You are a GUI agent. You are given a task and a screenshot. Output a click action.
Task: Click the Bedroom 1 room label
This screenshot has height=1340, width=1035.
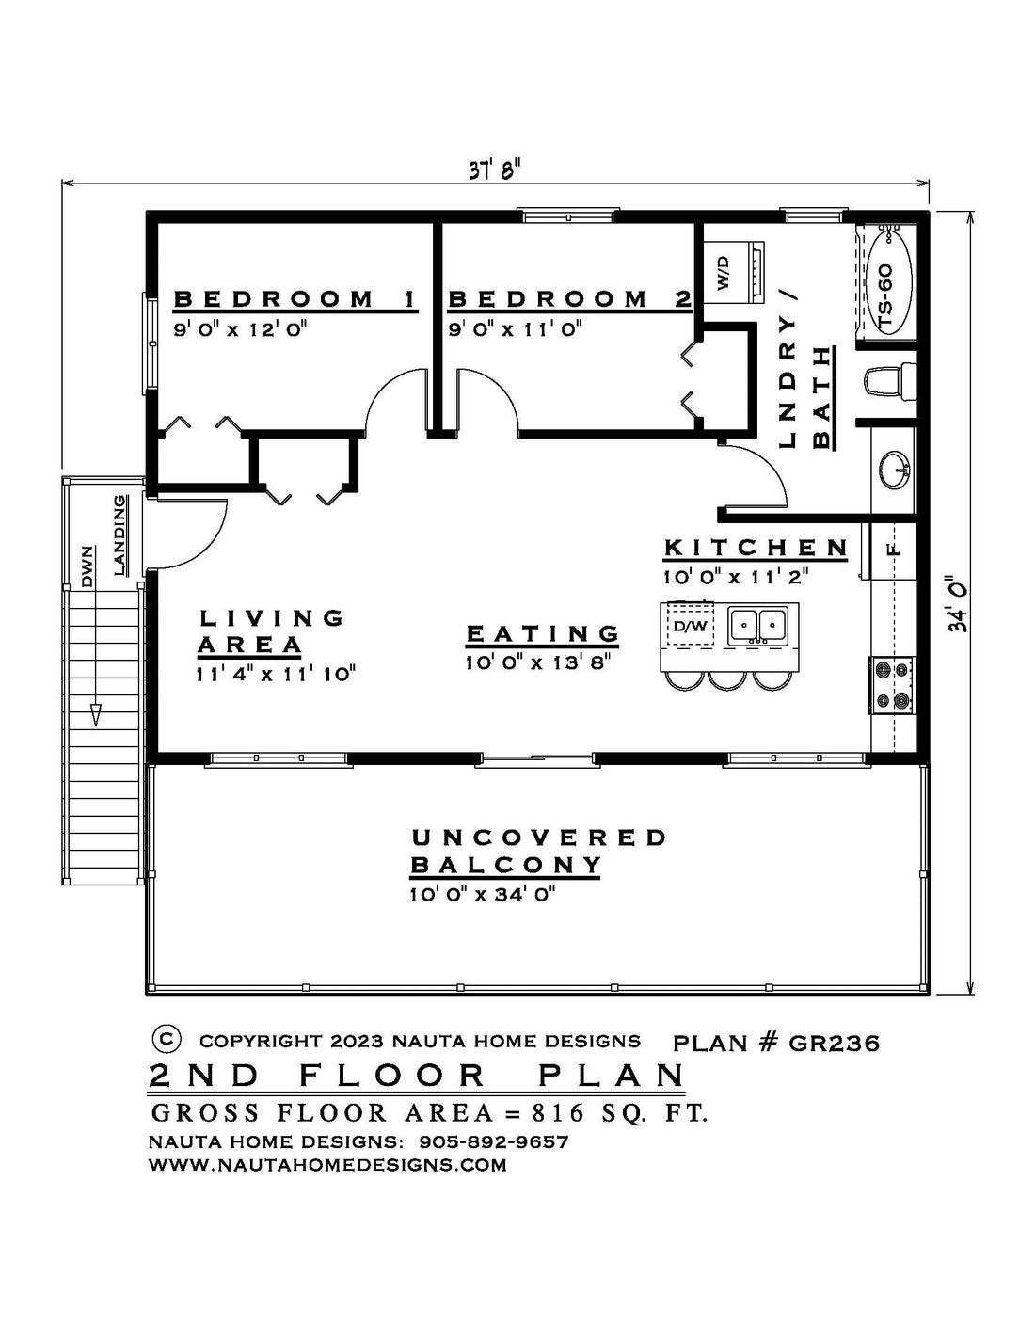(x=295, y=299)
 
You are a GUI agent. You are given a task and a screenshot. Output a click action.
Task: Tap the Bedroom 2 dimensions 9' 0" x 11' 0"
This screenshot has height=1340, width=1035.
(x=516, y=330)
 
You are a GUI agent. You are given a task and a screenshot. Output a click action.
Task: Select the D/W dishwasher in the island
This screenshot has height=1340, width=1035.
(x=691, y=627)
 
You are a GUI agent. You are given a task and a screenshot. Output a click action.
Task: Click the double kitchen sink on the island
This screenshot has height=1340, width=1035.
(x=757, y=626)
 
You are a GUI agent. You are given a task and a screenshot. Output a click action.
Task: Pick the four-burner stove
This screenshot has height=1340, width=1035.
(x=891, y=685)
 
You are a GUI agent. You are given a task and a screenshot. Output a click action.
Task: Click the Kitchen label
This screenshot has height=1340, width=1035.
(x=756, y=548)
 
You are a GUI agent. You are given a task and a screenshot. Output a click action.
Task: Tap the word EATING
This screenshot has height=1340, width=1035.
(x=543, y=633)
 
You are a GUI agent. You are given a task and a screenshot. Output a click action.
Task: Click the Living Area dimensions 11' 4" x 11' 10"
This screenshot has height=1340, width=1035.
(x=276, y=674)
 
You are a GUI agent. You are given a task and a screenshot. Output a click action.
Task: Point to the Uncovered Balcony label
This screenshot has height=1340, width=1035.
(x=538, y=852)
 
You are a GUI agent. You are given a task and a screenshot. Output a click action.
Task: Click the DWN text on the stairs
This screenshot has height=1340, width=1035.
(x=87, y=566)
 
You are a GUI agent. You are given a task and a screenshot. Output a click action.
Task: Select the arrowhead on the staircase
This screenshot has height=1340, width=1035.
(x=95, y=715)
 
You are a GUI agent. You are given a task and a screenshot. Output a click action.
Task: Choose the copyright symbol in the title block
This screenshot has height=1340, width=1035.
(x=167, y=1038)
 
